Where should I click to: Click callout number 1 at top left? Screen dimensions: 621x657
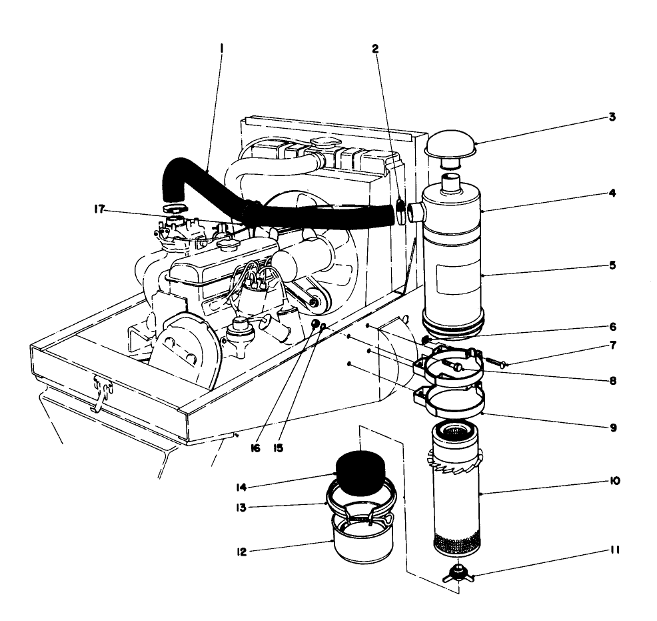pyautogui.click(x=221, y=49)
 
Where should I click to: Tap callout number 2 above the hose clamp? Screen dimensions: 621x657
pyautogui.click(x=376, y=49)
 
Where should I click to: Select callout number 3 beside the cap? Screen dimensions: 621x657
pyautogui.click(x=612, y=117)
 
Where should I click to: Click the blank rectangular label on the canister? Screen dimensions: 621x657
pyautogui.click(x=455, y=275)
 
